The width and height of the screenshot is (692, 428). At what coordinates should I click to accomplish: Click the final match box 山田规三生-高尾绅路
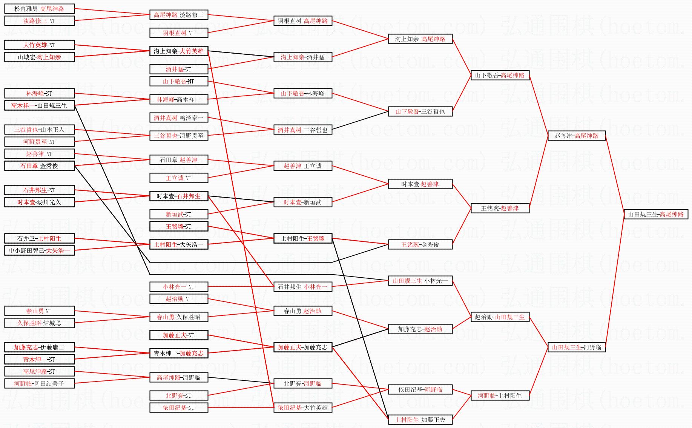click(x=656, y=215)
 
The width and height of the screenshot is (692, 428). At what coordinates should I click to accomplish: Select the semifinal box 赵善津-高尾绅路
click(x=576, y=136)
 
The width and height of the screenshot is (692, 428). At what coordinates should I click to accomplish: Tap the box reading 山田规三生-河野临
click(x=576, y=348)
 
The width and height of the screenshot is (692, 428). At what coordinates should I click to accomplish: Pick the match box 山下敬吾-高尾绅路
click(x=500, y=76)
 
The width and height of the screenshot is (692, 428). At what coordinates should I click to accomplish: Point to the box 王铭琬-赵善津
click(x=500, y=209)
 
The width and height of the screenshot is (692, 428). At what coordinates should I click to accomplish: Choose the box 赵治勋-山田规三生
click(x=500, y=317)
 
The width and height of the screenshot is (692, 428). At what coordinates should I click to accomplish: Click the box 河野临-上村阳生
click(x=500, y=396)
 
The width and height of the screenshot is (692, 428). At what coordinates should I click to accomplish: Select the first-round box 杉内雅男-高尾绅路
click(x=39, y=9)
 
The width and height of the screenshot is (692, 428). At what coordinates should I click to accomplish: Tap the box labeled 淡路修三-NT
click(x=39, y=21)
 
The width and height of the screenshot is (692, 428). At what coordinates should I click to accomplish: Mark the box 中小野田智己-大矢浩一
click(x=39, y=250)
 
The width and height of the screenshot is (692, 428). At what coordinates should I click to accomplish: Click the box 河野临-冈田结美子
click(x=39, y=384)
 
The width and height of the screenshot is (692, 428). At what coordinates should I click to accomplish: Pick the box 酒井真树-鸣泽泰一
click(x=178, y=118)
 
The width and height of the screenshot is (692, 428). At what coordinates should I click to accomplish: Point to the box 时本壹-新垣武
click(x=302, y=202)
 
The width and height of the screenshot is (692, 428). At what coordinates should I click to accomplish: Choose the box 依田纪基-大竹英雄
click(x=302, y=408)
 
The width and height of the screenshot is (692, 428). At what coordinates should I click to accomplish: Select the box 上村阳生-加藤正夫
click(x=420, y=420)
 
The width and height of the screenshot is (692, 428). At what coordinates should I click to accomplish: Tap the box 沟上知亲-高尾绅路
click(x=420, y=39)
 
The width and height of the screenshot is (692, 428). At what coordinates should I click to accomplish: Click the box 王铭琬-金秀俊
click(x=420, y=245)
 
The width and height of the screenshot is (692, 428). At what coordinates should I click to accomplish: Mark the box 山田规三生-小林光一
click(x=420, y=281)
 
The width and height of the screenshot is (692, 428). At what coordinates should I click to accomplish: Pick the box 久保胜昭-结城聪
click(x=39, y=323)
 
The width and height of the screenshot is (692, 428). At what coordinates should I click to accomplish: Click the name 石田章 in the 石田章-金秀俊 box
click(x=29, y=166)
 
